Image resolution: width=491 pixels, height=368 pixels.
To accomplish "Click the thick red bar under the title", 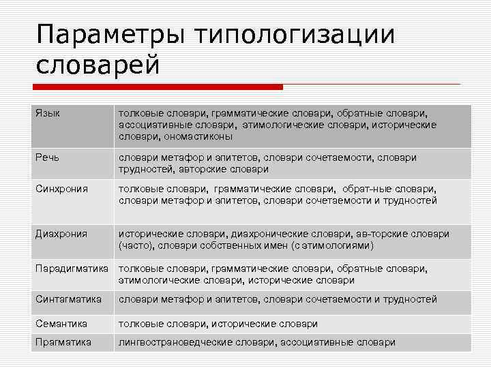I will [158, 87].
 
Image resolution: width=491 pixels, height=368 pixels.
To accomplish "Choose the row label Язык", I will [48, 112].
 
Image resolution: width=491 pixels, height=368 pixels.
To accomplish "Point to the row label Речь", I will [48, 157].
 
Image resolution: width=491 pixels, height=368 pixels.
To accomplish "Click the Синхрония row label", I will [62, 189].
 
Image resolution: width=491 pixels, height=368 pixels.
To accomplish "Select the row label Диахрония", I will [61, 234].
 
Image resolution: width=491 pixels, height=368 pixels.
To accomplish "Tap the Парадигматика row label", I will [72, 269].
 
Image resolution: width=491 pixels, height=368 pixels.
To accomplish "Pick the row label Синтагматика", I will [69, 299].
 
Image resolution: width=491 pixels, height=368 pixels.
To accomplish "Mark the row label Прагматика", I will [63, 343].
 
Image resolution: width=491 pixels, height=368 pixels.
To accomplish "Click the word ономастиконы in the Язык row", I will [198, 136].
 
